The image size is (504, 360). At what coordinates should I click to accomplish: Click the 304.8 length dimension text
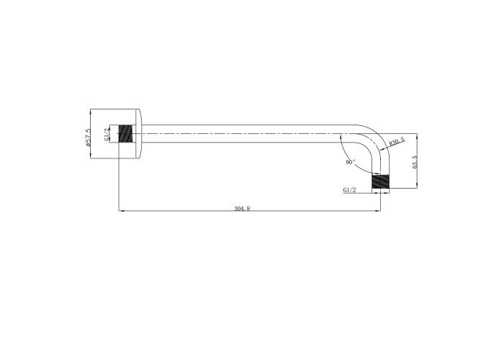[x=242, y=208]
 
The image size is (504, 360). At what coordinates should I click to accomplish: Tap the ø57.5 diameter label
[x=89, y=138]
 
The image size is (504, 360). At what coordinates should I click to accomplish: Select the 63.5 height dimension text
[x=415, y=162]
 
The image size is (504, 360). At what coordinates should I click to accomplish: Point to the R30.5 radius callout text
[x=397, y=142]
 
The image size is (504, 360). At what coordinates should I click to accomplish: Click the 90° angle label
[x=351, y=162]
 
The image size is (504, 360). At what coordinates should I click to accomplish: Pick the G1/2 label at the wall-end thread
[x=107, y=135]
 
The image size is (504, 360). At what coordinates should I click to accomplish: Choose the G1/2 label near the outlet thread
[x=350, y=190]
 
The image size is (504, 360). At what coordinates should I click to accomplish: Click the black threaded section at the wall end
[x=126, y=133]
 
